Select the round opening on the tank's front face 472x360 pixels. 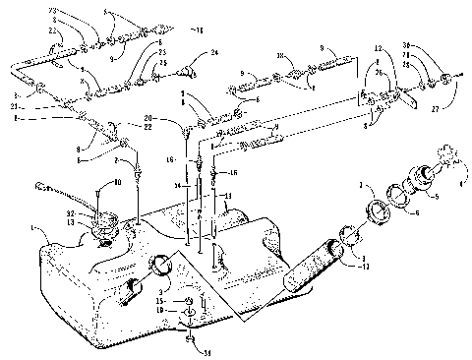pyautogui.click(x=162, y=266)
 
